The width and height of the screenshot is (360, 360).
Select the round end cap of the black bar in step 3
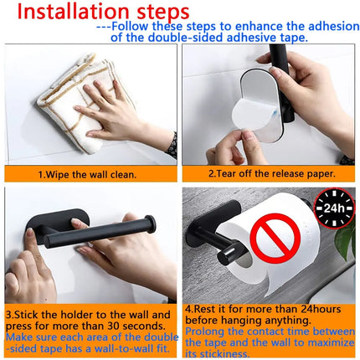pos(152,224)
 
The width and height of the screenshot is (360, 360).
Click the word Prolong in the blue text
pos(205,331)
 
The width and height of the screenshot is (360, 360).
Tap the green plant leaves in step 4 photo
pos(346,243)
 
